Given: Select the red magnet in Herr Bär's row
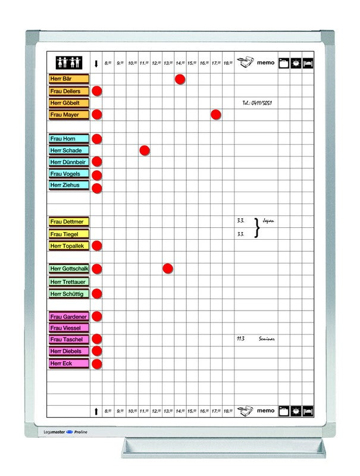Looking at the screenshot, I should [180, 79].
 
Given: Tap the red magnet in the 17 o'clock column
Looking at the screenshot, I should [216, 114].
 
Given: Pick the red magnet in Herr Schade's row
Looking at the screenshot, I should [144, 150].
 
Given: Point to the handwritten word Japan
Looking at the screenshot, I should [268, 221].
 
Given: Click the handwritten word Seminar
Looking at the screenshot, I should [267, 339].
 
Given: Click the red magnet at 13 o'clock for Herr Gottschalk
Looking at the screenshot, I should [168, 268].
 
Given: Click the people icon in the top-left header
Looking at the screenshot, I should [67, 62].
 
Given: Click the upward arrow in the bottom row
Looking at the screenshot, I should [96, 411].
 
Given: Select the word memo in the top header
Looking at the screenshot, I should [266, 62].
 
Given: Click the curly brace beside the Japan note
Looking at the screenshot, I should [257, 227].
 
